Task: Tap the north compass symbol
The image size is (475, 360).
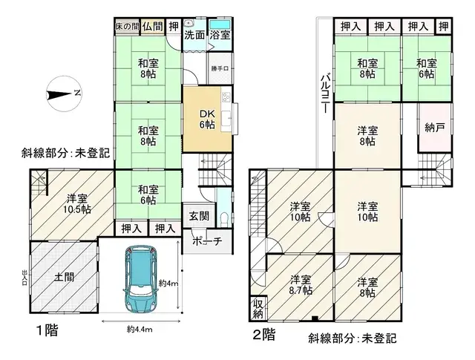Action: point(63,93)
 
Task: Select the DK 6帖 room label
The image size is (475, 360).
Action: point(206,119)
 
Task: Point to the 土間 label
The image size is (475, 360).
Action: point(63,277)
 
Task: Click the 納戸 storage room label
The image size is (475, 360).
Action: point(434,128)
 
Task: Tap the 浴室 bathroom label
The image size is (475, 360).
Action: point(220,35)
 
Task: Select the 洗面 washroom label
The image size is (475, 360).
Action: point(194,35)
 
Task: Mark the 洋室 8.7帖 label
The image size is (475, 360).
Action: point(301,285)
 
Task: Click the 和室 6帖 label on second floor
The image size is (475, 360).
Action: point(427,68)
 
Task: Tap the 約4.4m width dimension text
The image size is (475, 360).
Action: point(139,330)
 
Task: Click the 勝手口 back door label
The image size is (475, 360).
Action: point(219,71)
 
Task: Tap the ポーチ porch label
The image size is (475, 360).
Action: point(207,241)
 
